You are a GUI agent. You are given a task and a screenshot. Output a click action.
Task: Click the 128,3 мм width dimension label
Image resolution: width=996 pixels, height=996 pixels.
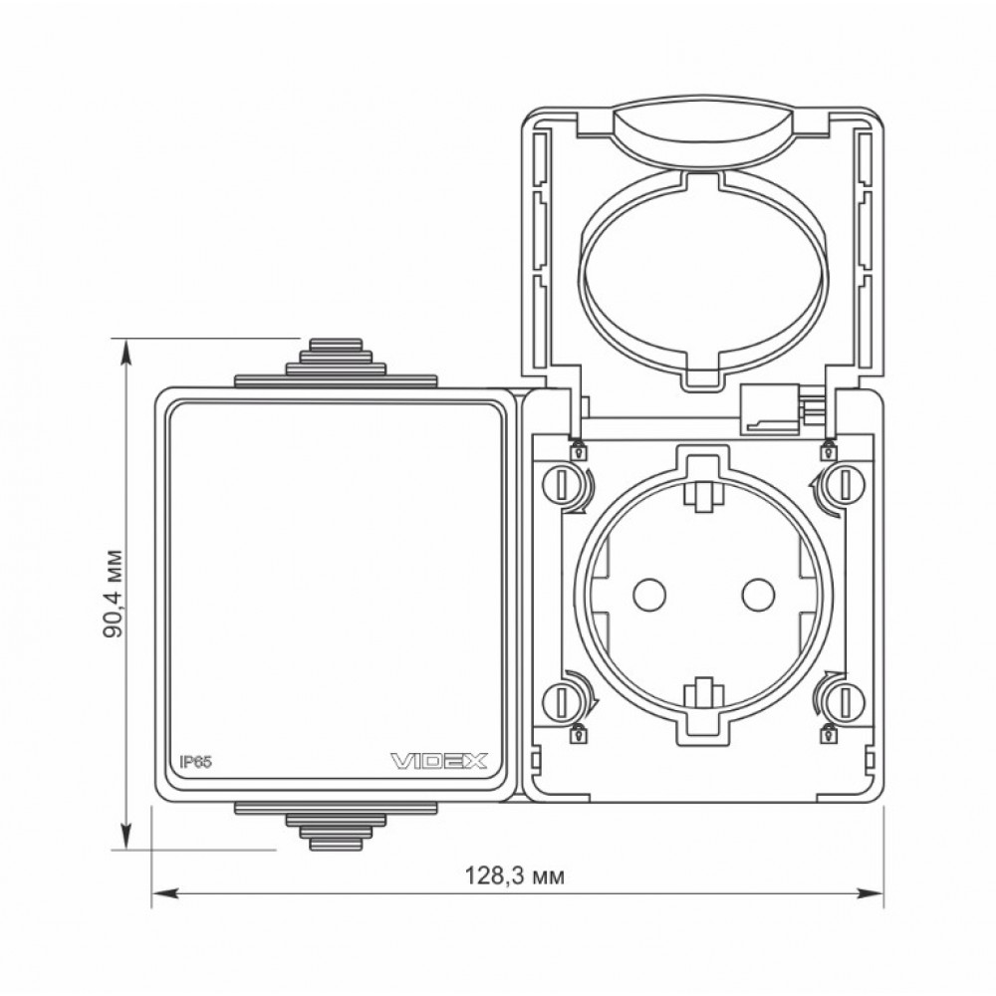pos(515,875)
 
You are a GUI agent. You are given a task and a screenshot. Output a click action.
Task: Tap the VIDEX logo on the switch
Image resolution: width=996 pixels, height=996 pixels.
pos(438,760)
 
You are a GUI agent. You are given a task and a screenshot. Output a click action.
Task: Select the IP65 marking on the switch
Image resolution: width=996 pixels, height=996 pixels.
pos(195,762)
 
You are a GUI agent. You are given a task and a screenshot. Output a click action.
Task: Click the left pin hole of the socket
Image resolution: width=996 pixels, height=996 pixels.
pos(649,594)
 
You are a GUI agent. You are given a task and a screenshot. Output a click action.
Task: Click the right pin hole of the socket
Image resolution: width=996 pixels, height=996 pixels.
pos(758,594)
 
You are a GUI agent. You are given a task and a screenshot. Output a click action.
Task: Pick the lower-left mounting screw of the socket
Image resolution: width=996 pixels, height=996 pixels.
pos(562,701)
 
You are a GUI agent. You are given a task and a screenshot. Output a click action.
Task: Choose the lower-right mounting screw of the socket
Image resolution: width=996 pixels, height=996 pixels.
pos(845,701)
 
